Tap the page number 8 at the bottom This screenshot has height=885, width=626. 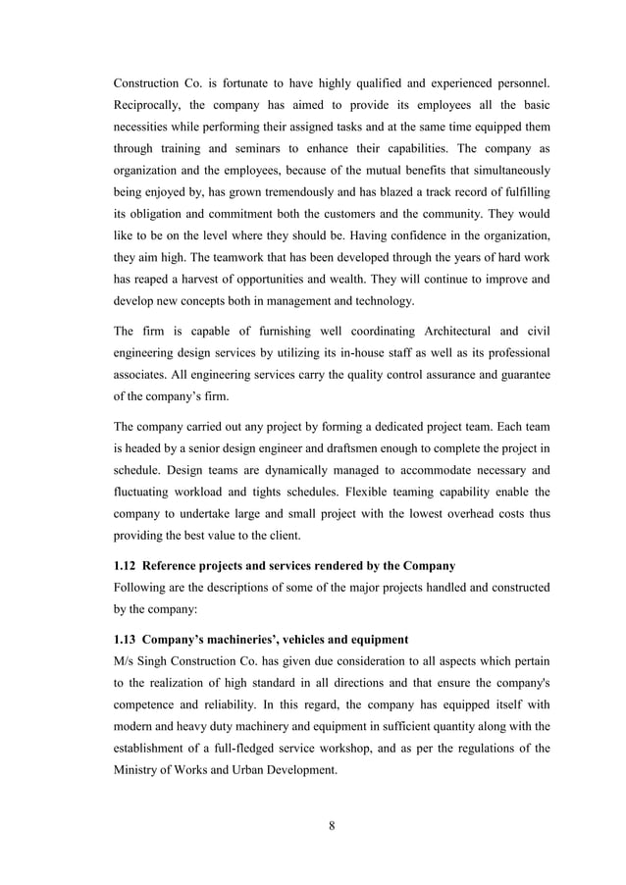(332, 824)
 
